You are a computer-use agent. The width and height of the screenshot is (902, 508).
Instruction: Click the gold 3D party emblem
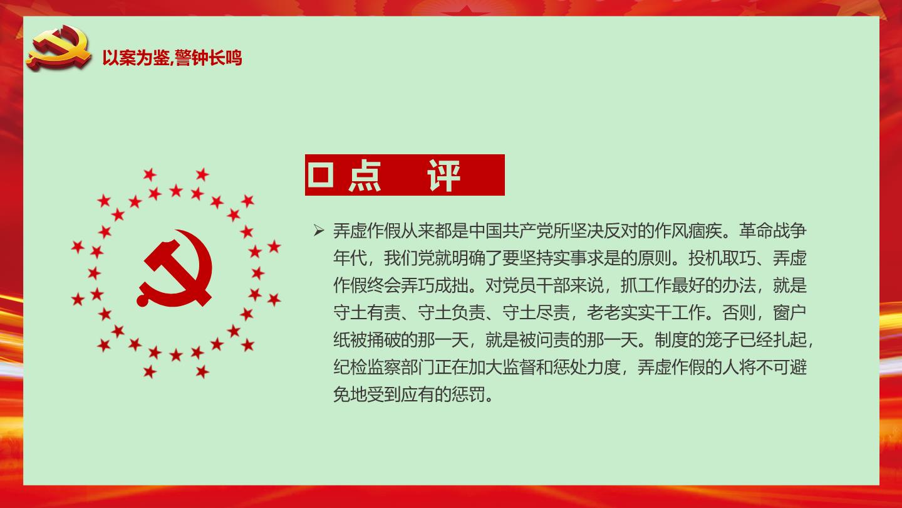pos(59,48)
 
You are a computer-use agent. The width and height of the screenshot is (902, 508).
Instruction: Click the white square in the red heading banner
pos(321,175)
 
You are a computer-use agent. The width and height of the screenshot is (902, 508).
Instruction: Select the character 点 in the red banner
pos(365,176)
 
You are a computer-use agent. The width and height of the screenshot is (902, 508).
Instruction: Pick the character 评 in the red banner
pos(443,176)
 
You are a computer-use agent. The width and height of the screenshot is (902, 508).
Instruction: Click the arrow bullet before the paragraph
pos(319,231)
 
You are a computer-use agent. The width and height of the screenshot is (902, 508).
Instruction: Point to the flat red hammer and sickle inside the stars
pos(175,268)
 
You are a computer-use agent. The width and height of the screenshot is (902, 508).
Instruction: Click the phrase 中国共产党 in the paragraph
pos(511,231)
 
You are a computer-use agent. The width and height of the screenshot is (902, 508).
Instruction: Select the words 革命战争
pos(773,231)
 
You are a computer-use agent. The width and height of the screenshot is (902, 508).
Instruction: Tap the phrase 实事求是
pos(587,258)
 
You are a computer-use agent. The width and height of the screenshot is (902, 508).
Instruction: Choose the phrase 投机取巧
pos(722,258)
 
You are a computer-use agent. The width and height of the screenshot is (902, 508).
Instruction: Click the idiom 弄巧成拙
pos(435,285)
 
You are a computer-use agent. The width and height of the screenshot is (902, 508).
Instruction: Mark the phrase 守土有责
pos(367,312)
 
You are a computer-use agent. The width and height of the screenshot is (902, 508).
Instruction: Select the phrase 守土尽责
pos(536,312)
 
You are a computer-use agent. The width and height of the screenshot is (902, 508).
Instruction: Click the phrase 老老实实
pos(621,312)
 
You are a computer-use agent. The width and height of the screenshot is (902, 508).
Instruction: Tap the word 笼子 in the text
pos(722,340)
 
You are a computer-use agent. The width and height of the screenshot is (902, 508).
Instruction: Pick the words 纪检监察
pos(367,368)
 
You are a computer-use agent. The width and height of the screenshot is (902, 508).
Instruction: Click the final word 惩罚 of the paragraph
pos(469,394)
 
